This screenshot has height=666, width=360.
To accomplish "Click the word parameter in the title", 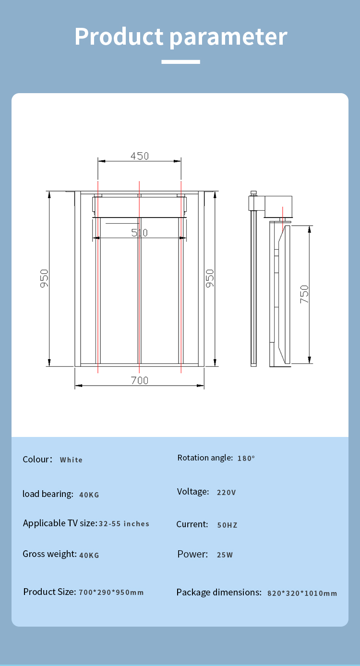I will (x=228, y=37).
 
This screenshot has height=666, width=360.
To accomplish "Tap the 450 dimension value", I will (x=140, y=156).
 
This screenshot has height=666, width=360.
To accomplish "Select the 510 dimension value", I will (x=139, y=233).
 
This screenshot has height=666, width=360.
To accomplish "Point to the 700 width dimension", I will (x=140, y=380).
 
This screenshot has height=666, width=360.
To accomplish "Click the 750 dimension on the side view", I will (x=304, y=294).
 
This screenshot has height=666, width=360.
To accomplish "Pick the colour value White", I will (x=71, y=460).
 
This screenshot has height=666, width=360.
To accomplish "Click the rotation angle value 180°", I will (x=246, y=458).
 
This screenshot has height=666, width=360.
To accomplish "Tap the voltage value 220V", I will (x=226, y=492).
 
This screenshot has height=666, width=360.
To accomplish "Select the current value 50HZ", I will (x=227, y=525).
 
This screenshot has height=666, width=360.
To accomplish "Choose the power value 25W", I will (x=225, y=555).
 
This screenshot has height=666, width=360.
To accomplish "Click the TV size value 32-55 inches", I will (x=124, y=524).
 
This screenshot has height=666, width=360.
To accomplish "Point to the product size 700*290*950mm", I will (x=111, y=593).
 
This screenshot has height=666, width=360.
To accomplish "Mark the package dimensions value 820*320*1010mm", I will (x=302, y=593).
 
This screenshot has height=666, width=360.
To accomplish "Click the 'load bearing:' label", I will (x=48, y=494).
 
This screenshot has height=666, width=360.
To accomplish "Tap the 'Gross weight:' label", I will (x=49, y=554).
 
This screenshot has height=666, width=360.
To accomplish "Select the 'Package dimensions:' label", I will (x=218, y=593).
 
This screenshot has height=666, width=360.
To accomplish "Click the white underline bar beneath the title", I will (x=180, y=61).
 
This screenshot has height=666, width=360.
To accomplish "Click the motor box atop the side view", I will (x=277, y=204).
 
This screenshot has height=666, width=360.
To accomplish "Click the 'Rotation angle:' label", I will (x=205, y=458).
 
